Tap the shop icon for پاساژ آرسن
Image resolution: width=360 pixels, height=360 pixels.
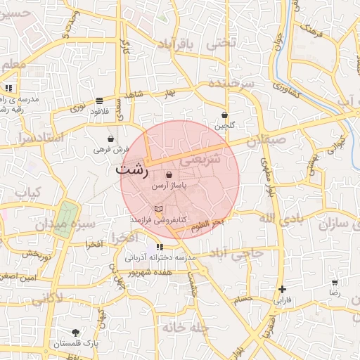click(x=168, y=175)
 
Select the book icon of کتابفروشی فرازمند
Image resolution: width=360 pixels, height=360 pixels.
click(x=158, y=209)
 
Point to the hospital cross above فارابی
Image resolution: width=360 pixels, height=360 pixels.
click(x=282, y=289)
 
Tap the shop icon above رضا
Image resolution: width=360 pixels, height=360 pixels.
click(x=335, y=283)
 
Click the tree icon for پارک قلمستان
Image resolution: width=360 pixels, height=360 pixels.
click(x=76, y=332)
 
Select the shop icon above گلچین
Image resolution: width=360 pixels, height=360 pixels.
click(x=224, y=115)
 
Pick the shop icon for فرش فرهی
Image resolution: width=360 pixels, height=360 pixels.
click(x=112, y=139)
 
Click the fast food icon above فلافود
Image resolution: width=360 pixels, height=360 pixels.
click(x=99, y=101)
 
